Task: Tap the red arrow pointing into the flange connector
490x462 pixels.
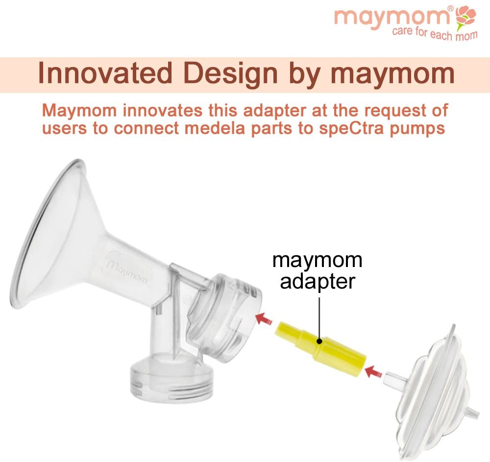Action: click(x=265, y=318)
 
